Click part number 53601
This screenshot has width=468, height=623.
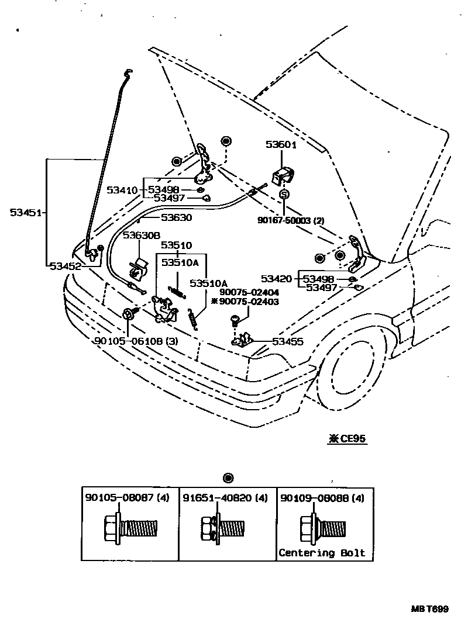pos(282,145)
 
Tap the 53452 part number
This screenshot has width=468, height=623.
pos(65,265)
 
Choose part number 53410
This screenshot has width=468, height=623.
pos(122,190)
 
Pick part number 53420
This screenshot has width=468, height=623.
pos(277,279)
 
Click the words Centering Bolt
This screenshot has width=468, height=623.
pos(322,552)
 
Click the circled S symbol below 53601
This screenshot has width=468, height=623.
pos(284,195)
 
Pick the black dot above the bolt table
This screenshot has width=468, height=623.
pos(228,478)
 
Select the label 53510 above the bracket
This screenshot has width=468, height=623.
pos(176,245)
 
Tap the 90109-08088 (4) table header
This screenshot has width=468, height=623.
pos(322,499)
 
